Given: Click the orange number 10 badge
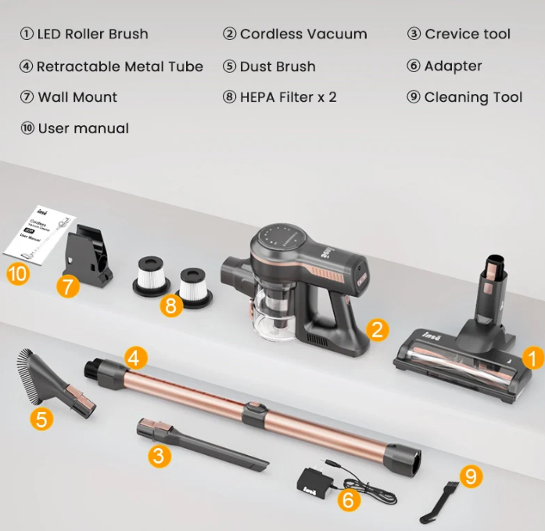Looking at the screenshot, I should pos(17,274).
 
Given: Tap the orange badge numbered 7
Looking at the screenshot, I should pos(68,287).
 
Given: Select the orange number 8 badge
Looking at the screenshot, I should pos(170,305).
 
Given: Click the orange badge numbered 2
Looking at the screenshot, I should pos(377,330).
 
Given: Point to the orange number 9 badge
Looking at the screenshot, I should pos(470,475).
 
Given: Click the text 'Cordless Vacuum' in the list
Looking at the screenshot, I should pos(303,34).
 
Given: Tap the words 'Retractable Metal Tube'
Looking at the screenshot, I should pos(120,67).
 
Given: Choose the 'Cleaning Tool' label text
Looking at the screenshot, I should pos(472,97).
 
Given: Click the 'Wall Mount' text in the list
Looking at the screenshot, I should pos(77,97).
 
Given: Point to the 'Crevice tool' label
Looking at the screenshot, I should pos(467,34).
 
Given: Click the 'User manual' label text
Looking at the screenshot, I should pos(83,128).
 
